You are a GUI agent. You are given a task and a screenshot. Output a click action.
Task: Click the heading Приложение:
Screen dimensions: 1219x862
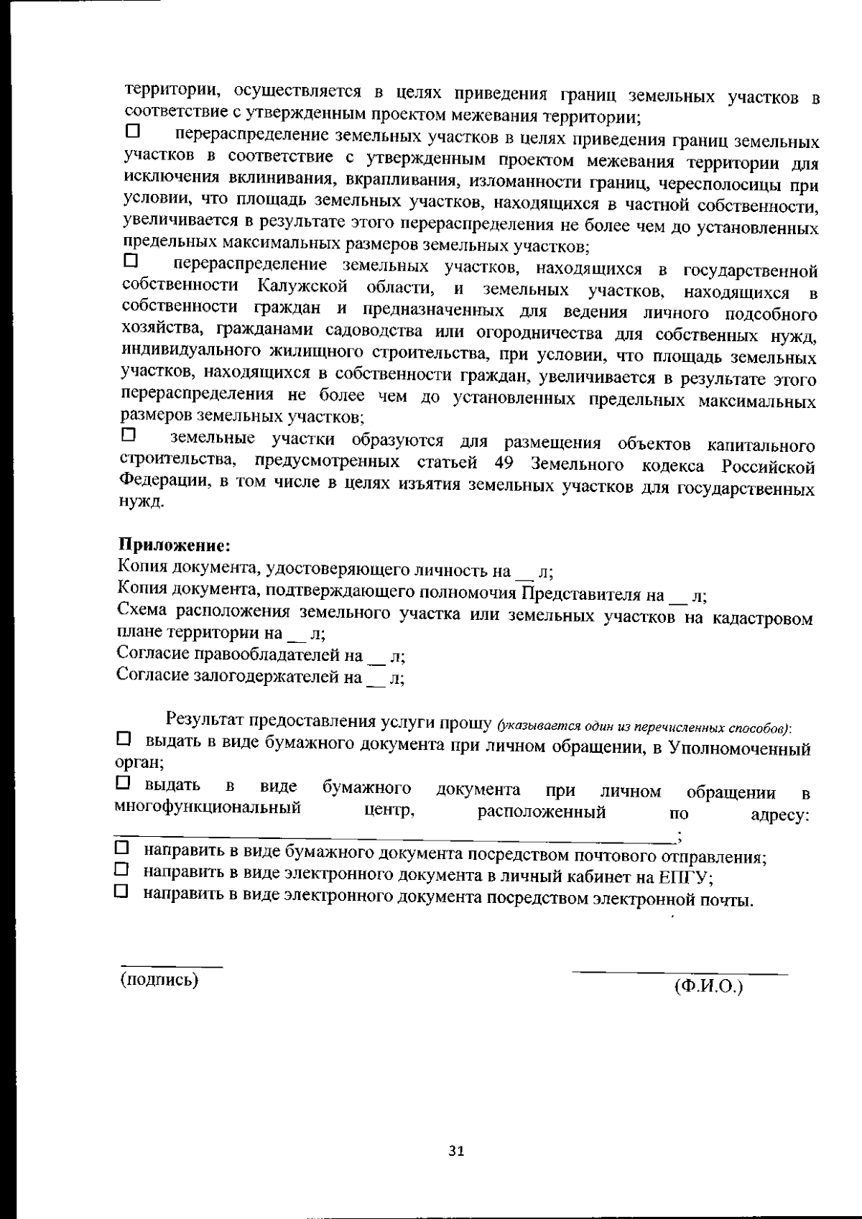[x=173, y=544]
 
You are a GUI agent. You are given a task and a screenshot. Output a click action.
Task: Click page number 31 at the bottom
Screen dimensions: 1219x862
[x=456, y=1151]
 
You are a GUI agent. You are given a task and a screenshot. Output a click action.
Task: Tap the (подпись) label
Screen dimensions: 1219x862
[x=159, y=979]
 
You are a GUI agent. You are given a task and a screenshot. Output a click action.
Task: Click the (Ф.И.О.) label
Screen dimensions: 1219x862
[x=708, y=987]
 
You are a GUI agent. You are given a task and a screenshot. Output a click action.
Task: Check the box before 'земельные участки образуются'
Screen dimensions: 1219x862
[x=129, y=435]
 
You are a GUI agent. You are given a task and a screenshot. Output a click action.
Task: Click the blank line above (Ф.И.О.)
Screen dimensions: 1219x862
[x=680, y=973]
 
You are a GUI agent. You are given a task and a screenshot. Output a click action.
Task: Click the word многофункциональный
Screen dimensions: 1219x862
[x=208, y=808]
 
